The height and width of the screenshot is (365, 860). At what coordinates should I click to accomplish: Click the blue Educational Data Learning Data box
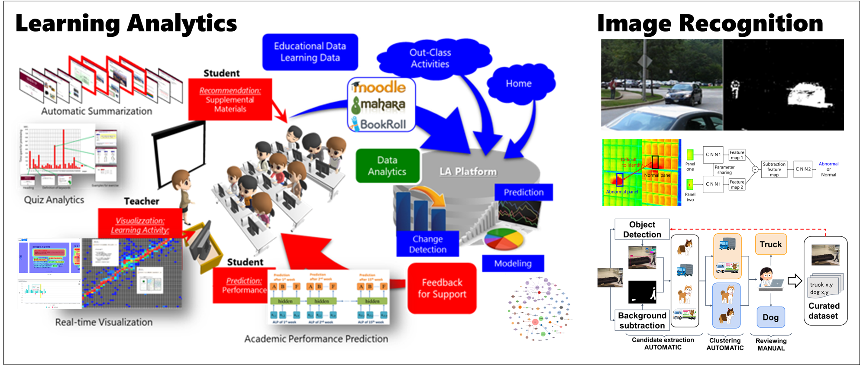(x=310, y=52)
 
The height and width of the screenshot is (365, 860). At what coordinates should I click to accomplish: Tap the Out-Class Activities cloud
(x=430, y=58)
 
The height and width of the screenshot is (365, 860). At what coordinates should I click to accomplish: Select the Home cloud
(x=519, y=84)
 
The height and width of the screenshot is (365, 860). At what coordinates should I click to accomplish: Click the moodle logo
(x=379, y=88)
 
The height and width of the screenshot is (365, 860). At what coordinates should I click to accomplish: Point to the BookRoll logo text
(x=383, y=125)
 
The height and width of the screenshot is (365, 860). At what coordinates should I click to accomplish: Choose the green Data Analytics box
(x=387, y=166)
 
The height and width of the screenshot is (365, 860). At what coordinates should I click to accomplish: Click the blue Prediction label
(x=524, y=192)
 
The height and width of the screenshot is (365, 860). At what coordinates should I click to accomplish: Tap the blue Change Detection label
(x=427, y=244)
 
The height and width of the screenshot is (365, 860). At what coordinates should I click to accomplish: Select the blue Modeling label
(x=513, y=263)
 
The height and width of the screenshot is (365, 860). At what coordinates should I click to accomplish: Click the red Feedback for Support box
(x=442, y=288)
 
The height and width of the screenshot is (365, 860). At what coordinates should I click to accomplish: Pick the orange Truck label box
(x=770, y=245)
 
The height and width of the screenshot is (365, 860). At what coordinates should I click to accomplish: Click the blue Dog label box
(x=770, y=317)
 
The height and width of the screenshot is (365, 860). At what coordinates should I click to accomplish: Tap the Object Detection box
(x=642, y=229)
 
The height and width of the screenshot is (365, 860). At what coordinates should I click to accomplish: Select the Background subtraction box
(x=642, y=320)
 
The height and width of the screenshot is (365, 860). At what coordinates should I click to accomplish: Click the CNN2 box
(x=803, y=169)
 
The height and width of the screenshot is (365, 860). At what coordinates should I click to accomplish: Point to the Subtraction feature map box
(x=774, y=169)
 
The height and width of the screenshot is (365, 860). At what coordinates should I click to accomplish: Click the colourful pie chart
(x=504, y=239)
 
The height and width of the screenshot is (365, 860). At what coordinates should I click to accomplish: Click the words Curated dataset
(x=824, y=311)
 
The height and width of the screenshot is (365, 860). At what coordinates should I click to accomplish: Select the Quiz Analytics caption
(x=54, y=200)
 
